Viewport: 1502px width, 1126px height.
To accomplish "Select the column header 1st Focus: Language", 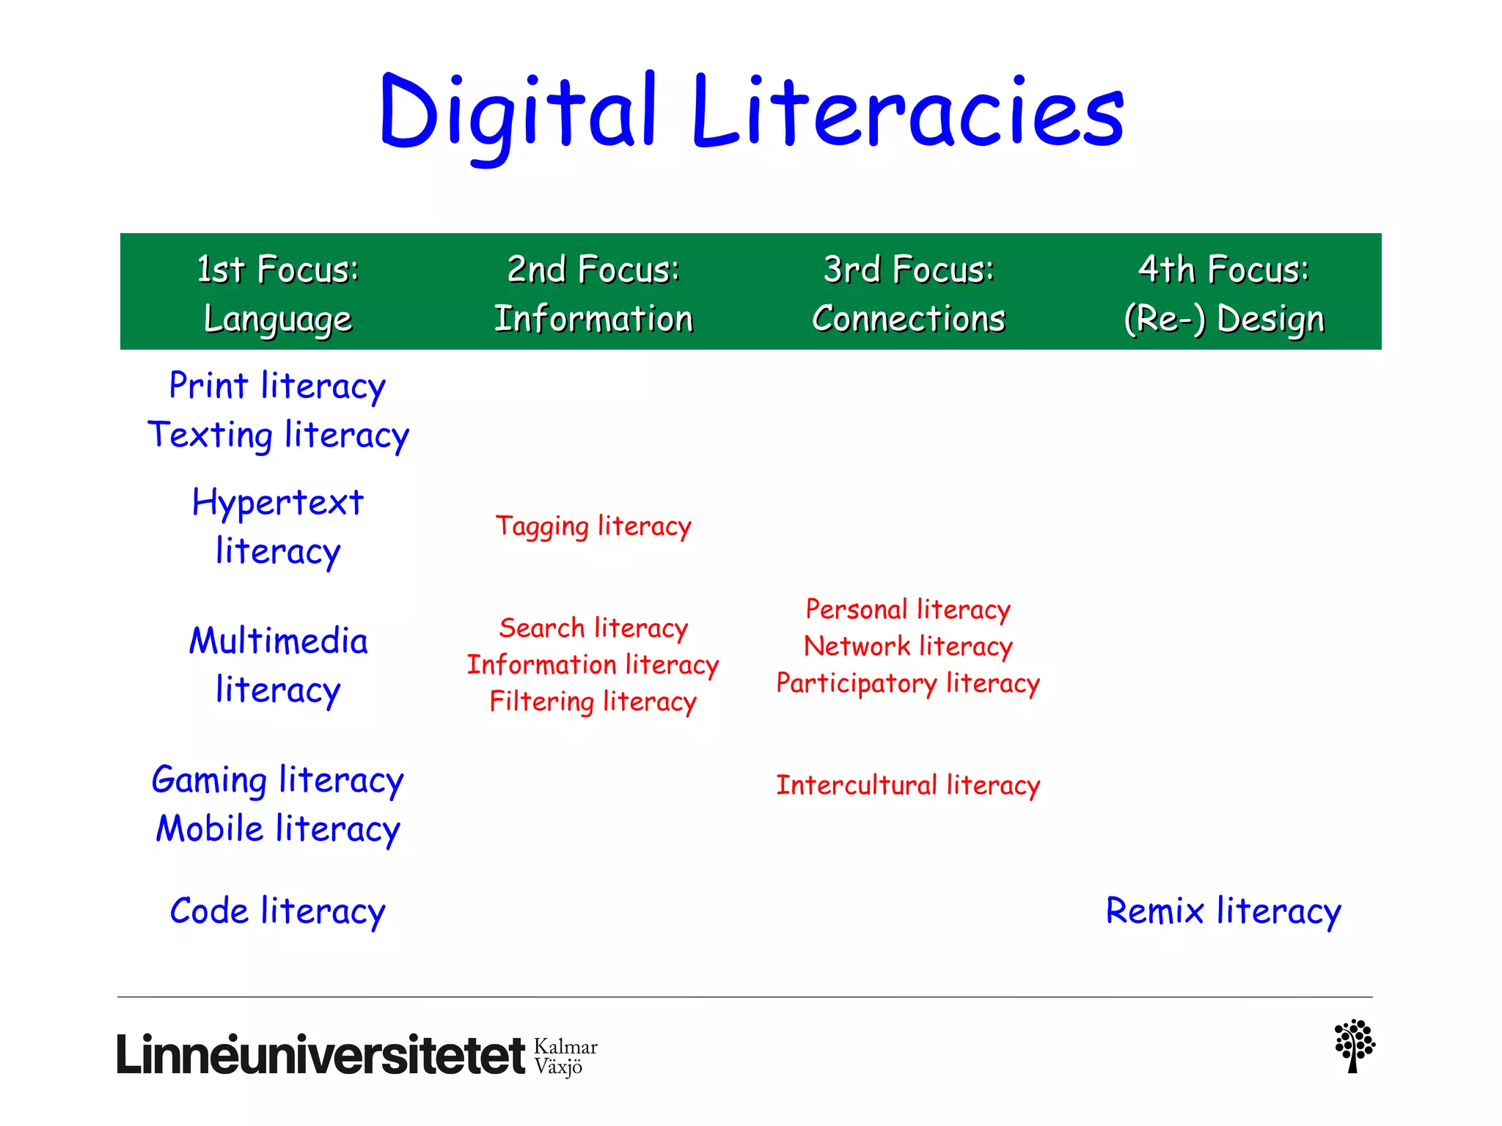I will pyautogui.click(x=278, y=293).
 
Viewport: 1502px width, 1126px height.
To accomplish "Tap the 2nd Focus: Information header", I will pyautogui.click(x=593, y=293).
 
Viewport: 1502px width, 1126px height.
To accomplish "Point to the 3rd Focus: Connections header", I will pyautogui.click(x=908, y=293).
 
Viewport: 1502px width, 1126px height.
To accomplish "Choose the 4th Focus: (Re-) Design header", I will pyautogui.click(x=1223, y=293).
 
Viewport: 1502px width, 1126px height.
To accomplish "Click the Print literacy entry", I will pyautogui.click(x=277, y=386).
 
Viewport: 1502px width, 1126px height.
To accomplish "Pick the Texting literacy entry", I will pyautogui.click(x=278, y=435).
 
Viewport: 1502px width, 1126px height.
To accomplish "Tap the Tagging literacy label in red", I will pyautogui.click(x=593, y=526).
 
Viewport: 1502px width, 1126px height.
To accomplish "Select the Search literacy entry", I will pyautogui.click(x=593, y=628).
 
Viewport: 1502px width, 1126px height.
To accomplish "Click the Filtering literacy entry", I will pyautogui.click(x=593, y=702).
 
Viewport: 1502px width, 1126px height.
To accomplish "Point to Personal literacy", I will pyautogui.click(x=908, y=609).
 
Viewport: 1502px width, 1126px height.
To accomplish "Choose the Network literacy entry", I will pyautogui.click(x=908, y=647).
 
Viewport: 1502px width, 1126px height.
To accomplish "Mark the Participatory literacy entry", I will pyautogui.click(x=908, y=683).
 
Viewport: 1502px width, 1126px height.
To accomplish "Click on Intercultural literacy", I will pyautogui.click(x=908, y=785).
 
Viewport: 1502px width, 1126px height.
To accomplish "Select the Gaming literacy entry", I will pyautogui.click(x=277, y=780).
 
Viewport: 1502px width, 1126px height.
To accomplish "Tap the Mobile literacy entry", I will pyautogui.click(x=278, y=829).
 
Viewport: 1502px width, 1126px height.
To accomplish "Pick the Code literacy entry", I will pyautogui.click(x=277, y=911).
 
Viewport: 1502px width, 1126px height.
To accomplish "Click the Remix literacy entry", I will pyautogui.click(x=1223, y=911).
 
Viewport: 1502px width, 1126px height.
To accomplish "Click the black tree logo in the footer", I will pyautogui.click(x=1354, y=1046).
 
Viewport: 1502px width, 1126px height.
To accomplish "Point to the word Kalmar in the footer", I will pyautogui.click(x=565, y=1046).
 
